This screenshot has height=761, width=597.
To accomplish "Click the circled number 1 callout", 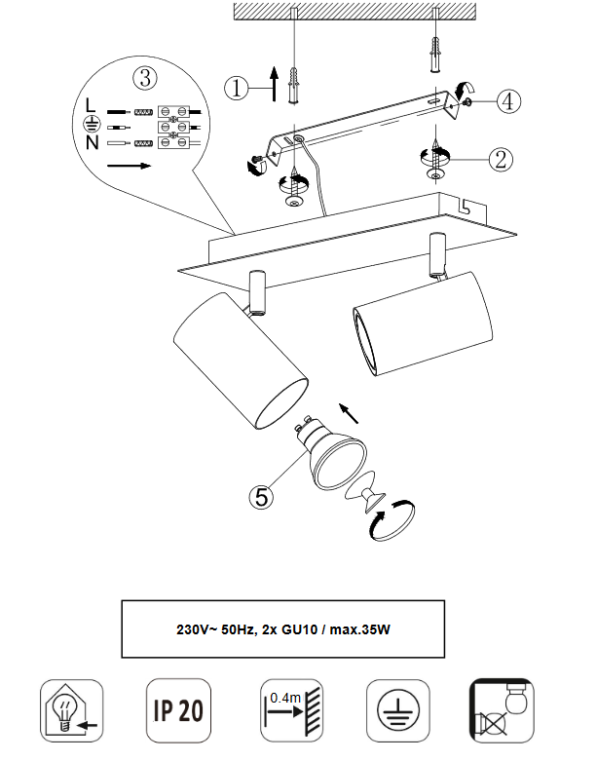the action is (237, 89).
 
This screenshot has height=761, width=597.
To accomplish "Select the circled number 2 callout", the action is (501, 159).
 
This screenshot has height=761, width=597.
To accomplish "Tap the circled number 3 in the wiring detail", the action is (145, 78).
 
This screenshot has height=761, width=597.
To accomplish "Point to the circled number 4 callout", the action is (508, 101).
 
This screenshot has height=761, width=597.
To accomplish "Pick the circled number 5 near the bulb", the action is (261, 498).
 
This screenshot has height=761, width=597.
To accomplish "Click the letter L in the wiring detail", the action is (91, 105).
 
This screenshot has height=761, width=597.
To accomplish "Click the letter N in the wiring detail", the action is (92, 142).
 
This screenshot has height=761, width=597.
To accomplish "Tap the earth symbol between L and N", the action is (92, 125).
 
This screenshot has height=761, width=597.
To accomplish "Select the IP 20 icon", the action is (178, 710).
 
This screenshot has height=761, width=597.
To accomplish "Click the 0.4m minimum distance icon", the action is (292, 710).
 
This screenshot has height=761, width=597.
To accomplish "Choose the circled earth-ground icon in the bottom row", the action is (397, 710).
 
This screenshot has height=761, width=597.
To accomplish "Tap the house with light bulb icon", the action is (72, 710).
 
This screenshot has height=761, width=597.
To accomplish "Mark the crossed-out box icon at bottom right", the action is (503, 710).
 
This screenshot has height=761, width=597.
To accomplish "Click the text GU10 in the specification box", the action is (299, 629).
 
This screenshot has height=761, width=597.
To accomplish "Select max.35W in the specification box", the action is (359, 629).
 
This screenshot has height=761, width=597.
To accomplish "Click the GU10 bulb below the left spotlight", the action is (331, 450).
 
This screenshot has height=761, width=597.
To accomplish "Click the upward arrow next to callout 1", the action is (274, 84).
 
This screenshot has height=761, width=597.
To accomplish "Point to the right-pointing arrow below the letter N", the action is (129, 166).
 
